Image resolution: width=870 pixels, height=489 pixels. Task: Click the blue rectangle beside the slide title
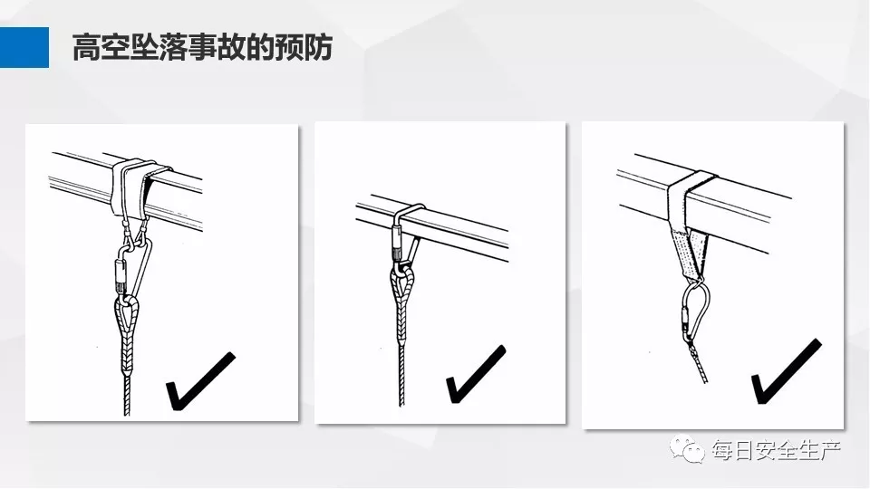click(x=24, y=47)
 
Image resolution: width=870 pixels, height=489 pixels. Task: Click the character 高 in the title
click(x=87, y=47)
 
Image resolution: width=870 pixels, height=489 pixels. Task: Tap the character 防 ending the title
click(x=318, y=47)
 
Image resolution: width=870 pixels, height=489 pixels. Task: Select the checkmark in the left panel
click(x=200, y=380)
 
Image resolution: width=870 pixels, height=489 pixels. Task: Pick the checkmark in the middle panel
click(x=476, y=374)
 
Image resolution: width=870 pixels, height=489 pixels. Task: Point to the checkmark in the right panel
click(x=786, y=371)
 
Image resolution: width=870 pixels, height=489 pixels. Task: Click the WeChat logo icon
click(x=687, y=448)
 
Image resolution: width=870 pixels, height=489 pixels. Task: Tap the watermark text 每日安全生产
click(x=777, y=450)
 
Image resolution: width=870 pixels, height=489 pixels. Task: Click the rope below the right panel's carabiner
click(x=699, y=363)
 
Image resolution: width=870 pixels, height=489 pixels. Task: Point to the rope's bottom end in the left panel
click(x=127, y=415)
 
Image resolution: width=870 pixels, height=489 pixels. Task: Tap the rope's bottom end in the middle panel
click(x=401, y=406)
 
